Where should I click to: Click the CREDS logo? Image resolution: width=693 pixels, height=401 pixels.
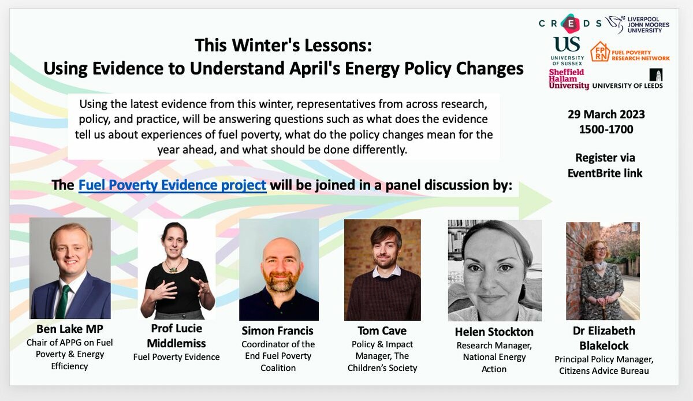[x=570, y=24]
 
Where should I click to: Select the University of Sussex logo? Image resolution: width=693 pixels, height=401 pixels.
[x=567, y=51]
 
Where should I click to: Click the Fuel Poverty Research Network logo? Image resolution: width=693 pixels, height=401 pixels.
[x=630, y=52]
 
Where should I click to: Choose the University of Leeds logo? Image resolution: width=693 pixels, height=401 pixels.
[x=627, y=79]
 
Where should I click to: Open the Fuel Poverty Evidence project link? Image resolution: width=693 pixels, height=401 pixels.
[x=172, y=185]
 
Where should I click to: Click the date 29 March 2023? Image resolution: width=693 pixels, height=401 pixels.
[x=606, y=114]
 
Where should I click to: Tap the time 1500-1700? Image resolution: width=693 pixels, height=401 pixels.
[x=606, y=129]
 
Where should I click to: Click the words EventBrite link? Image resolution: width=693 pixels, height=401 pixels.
[x=605, y=173]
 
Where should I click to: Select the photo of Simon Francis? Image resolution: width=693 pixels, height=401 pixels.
[x=279, y=270]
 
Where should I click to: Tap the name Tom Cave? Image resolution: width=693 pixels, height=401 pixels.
[x=382, y=331]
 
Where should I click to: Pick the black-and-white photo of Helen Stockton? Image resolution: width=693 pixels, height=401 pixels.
[x=495, y=270]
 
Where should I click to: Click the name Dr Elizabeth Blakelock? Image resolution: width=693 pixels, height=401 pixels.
[x=604, y=338]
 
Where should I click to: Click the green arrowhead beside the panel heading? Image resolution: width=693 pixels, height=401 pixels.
[x=535, y=200]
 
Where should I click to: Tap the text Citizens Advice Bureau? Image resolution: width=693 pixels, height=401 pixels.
[x=604, y=371]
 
